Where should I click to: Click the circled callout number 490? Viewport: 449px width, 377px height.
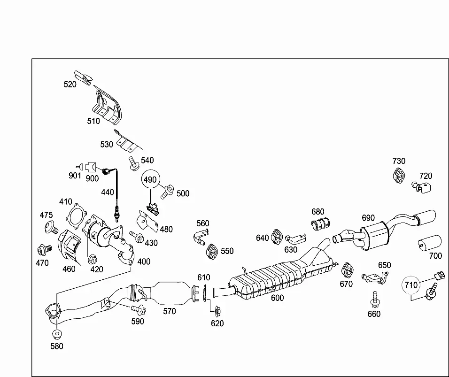tap(150, 179)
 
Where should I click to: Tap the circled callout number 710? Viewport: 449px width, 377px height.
tap(411, 285)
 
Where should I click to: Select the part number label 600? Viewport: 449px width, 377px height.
tap(277, 298)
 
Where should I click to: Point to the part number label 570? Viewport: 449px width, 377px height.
tap(169, 311)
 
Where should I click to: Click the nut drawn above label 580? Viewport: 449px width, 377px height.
tap(57, 334)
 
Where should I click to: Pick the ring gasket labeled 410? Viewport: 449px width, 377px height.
tap(76, 216)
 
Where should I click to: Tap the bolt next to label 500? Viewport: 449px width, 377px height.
tap(167, 191)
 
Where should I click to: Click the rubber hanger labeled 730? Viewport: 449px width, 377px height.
tap(398, 175)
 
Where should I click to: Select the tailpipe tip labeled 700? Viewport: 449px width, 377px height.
tap(430, 243)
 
